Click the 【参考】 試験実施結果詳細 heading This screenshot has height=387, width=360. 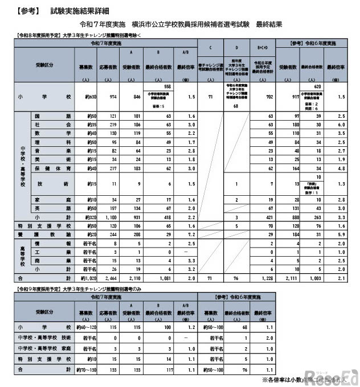click(55, 11)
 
